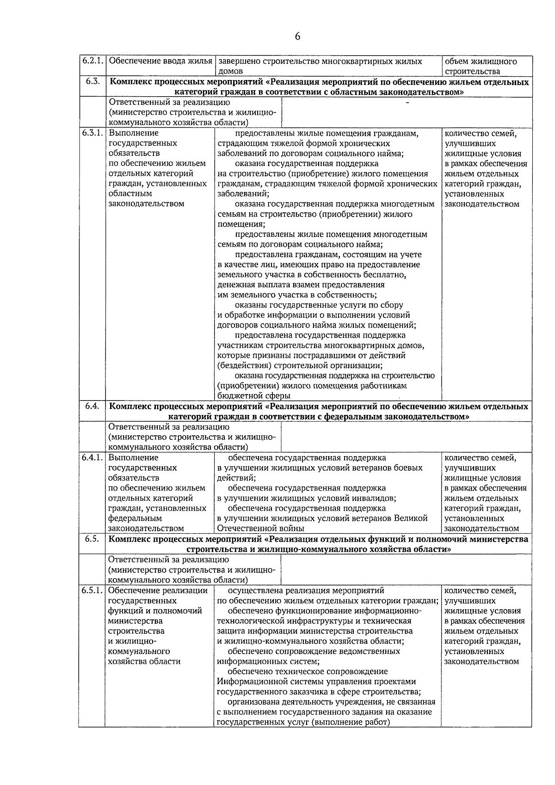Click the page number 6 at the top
pyautogui.click(x=297, y=37)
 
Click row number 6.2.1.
pyautogui.click(x=92, y=61)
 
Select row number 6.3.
pyautogui.click(x=92, y=82)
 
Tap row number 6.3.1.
pyautogui.click(x=92, y=134)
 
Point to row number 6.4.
pyautogui.click(x=92, y=406)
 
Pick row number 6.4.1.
pyautogui.click(x=92, y=457)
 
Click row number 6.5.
pyautogui.click(x=92, y=539)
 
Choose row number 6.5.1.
pyautogui.click(x=92, y=590)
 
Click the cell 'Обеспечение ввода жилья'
pyautogui.click(x=160, y=62)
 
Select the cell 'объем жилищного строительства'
pyautogui.click(x=481, y=66)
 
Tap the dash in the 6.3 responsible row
pyautogui.click(x=407, y=103)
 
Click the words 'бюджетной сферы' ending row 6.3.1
pyautogui.click(x=254, y=396)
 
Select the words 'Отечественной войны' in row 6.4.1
pyautogui.click(x=261, y=528)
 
